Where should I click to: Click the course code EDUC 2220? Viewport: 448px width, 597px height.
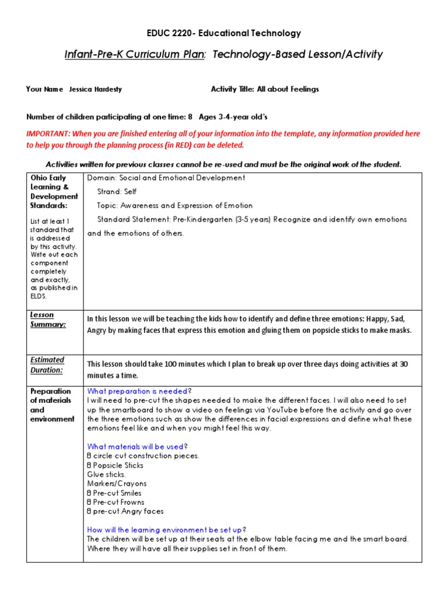coord(169,33)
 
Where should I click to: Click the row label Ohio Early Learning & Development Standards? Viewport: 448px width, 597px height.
coord(54,191)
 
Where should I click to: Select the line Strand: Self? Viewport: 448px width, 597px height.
coord(117,191)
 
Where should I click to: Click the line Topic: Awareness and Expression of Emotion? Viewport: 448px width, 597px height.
coord(175,205)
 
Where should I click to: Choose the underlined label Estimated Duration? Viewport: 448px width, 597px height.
coord(47,364)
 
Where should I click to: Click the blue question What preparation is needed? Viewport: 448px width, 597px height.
coord(138,391)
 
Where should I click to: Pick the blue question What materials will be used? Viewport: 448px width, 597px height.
coord(135,447)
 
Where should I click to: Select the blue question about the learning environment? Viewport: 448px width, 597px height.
coord(164,530)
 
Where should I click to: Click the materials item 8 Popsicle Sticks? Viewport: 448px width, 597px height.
coord(115,465)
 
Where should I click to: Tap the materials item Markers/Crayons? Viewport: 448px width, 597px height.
coord(117,483)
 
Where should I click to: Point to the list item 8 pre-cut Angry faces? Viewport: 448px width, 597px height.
coord(125,511)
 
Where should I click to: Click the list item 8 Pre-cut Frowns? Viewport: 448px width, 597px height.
coord(116,502)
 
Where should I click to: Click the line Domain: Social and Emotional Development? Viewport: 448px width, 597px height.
coord(166,178)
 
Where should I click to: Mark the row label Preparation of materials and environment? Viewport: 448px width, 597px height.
coord(51,405)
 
